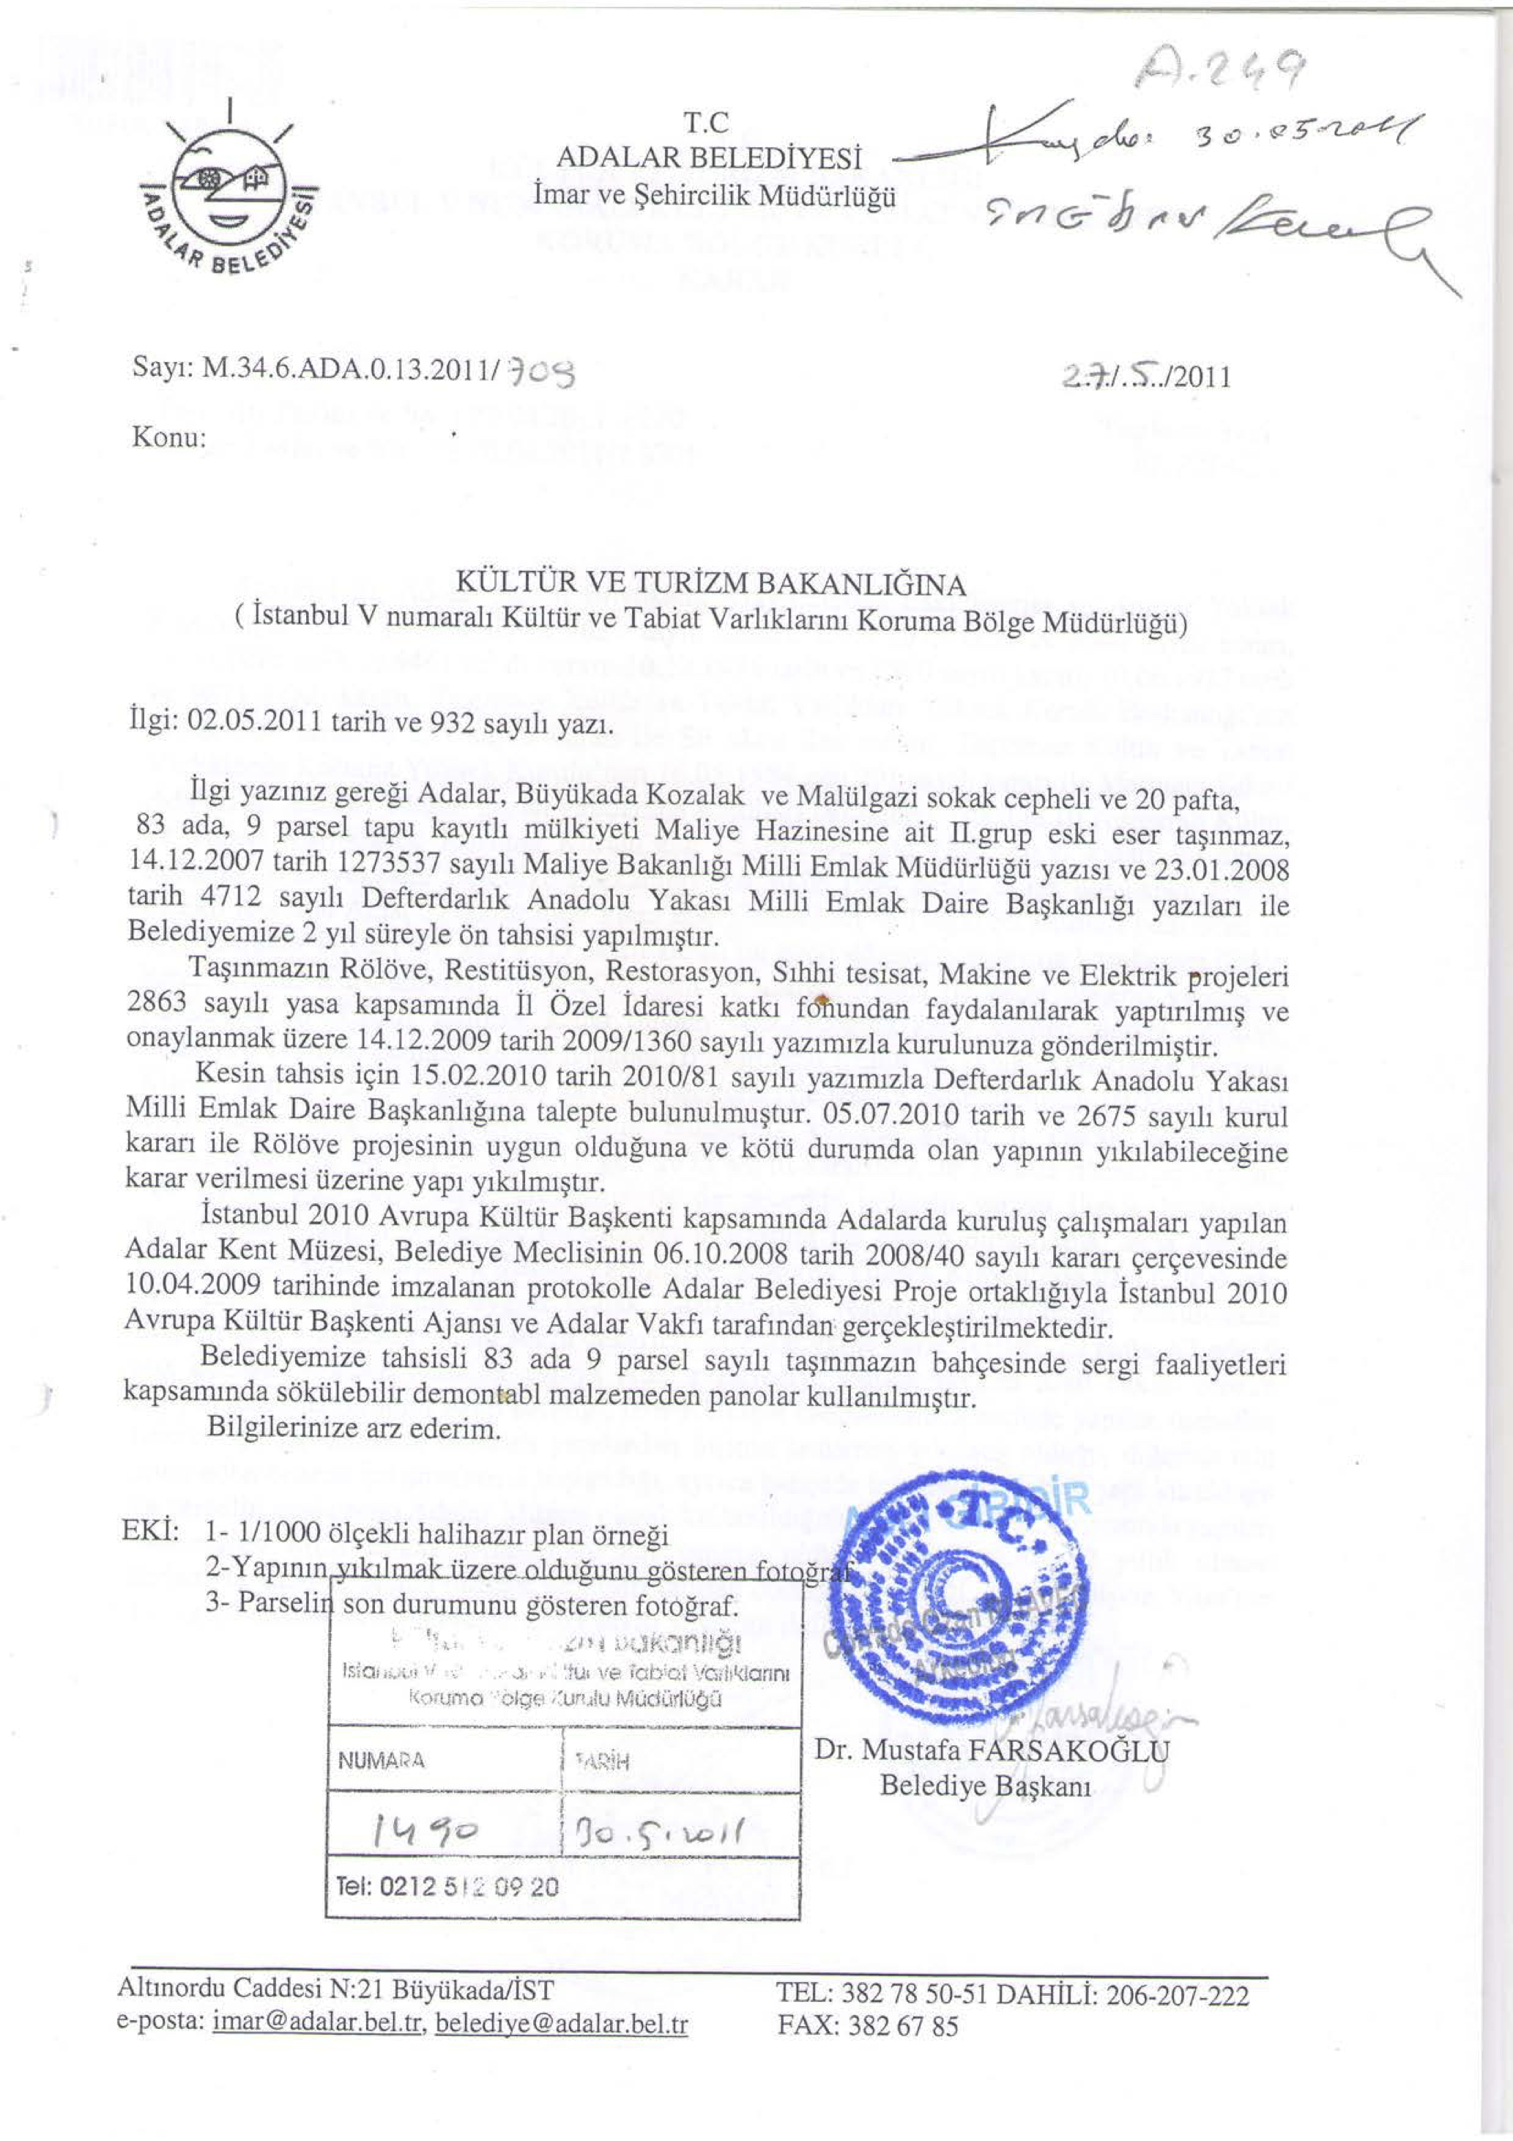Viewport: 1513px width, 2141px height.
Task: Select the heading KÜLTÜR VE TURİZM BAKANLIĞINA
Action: [x=710, y=584]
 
